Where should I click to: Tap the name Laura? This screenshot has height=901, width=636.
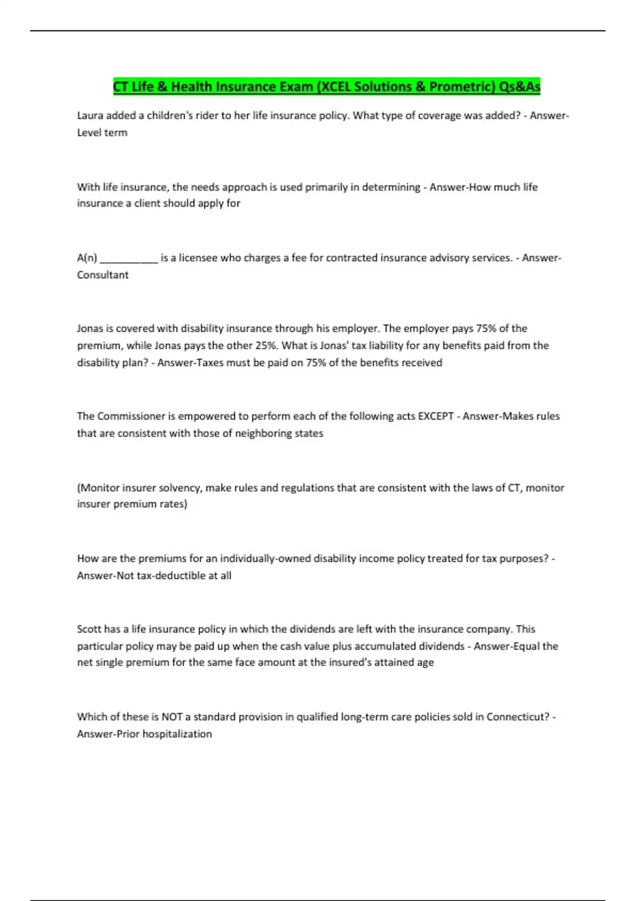point(91,116)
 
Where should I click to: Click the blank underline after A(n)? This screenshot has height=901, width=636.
point(129,258)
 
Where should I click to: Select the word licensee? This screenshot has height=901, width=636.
point(198,258)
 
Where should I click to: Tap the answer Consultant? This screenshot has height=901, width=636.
point(103,275)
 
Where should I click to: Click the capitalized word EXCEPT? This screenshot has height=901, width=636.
point(436,416)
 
